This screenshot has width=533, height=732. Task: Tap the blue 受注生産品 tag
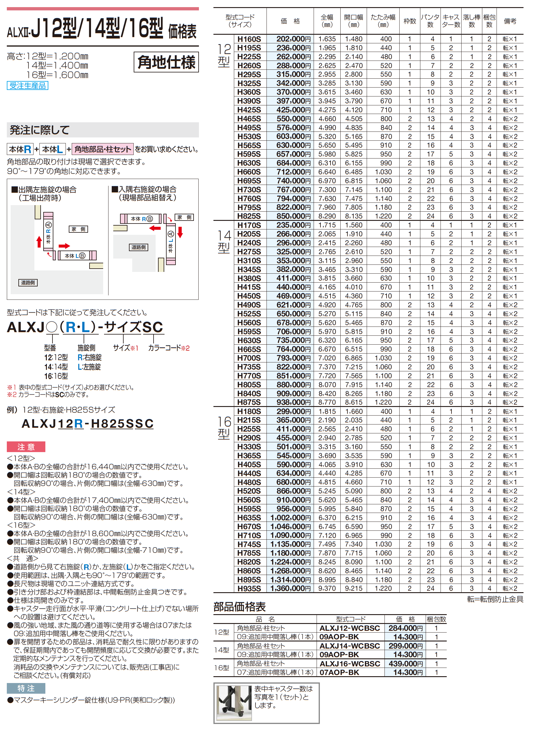point(28,85)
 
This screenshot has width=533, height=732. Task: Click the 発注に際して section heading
point(40,130)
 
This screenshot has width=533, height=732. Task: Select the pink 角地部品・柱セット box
point(103,149)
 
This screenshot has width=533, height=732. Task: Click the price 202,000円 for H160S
point(293,39)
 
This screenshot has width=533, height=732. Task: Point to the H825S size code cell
point(249,216)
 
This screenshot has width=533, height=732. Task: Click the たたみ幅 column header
point(383,21)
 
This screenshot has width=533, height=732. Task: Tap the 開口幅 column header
point(353,21)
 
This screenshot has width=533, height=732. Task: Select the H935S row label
point(249,588)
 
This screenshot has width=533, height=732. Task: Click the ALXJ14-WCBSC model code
point(350,646)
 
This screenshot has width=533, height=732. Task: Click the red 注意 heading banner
point(26,447)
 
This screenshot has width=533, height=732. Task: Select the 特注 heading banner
point(26,688)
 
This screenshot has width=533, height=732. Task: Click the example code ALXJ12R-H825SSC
point(87,424)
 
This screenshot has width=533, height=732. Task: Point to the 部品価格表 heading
point(240,607)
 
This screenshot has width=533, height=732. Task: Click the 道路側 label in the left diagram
point(28,283)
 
